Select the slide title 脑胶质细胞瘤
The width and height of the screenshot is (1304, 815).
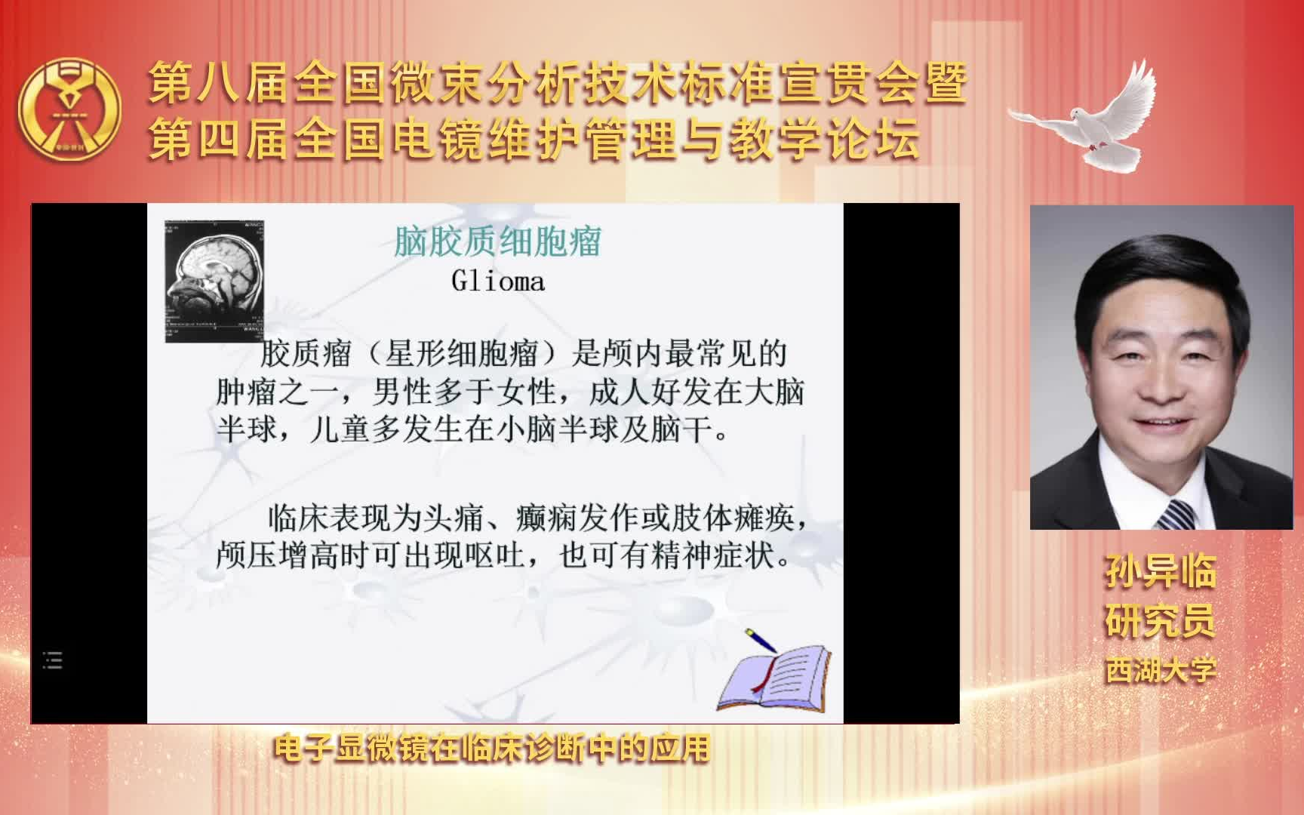[497, 241]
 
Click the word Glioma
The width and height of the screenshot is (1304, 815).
[497, 281]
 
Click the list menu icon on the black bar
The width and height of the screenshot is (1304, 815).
[53, 660]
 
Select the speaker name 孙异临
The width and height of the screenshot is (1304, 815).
[1161, 571]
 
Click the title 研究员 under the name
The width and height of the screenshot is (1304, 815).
[1161, 621]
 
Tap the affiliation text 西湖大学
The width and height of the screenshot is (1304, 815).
[1161, 670]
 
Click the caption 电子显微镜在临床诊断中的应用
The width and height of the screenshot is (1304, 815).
[492, 748]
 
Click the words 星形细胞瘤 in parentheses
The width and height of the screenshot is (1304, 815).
[462, 353]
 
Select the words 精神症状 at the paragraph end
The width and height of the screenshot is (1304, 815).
[714, 556]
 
